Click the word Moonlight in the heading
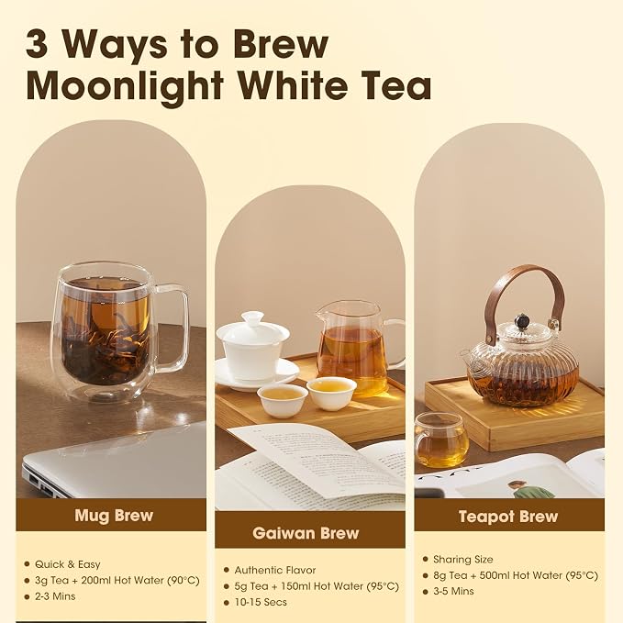click(x=125, y=87)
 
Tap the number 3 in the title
click(x=37, y=44)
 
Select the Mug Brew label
click(x=114, y=516)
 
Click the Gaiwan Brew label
click(x=306, y=533)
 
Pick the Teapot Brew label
click(x=508, y=517)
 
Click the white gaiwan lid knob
click(x=252, y=317)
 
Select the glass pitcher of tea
click(x=358, y=348)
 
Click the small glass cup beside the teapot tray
click(x=441, y=439)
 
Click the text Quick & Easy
click(x=68, y=564)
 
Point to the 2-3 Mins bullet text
click(x=55, y=596)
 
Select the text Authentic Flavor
click(x=275, y=570)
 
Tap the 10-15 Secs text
click(x=261, y=602)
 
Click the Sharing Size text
click(x=463, y=560)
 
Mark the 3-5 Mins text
click(x=454, y=591)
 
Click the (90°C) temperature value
click(x=184, y=581)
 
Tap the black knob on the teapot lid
click(x=520, y=320)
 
